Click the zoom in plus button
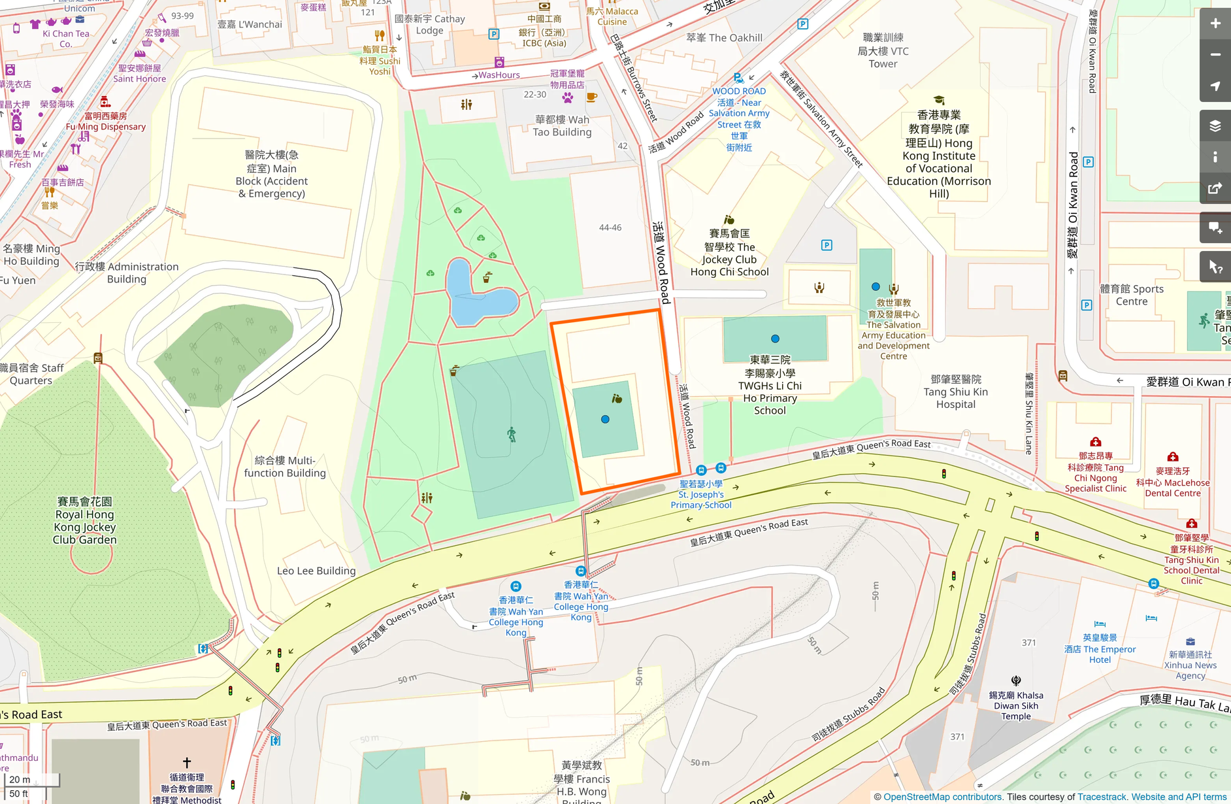[x=1215, y=24]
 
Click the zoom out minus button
[x=1215, y=55]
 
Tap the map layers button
[x=1215, y=126]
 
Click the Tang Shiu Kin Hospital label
[x=955, y=392]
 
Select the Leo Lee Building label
[x=316, y=571]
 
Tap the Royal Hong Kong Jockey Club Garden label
[x=85, y=520]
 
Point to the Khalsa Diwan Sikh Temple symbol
[x=1015, y=680]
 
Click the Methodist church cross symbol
[x=187, y=762]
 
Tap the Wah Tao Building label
[x=562, y=126]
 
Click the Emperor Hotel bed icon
[x=1100, y=624]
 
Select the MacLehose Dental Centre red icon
[x=1173, y=457]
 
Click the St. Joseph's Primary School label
[x=700, y=494]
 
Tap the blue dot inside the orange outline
[x=605, y=419]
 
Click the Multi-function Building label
[x=285, y=467]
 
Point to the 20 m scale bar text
[x=20, y=779]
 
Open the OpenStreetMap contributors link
[x=942, y=797]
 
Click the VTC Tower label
[x=883, y=51]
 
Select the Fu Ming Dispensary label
[x=106, y=126]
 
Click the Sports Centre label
[x=1132, y=295]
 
